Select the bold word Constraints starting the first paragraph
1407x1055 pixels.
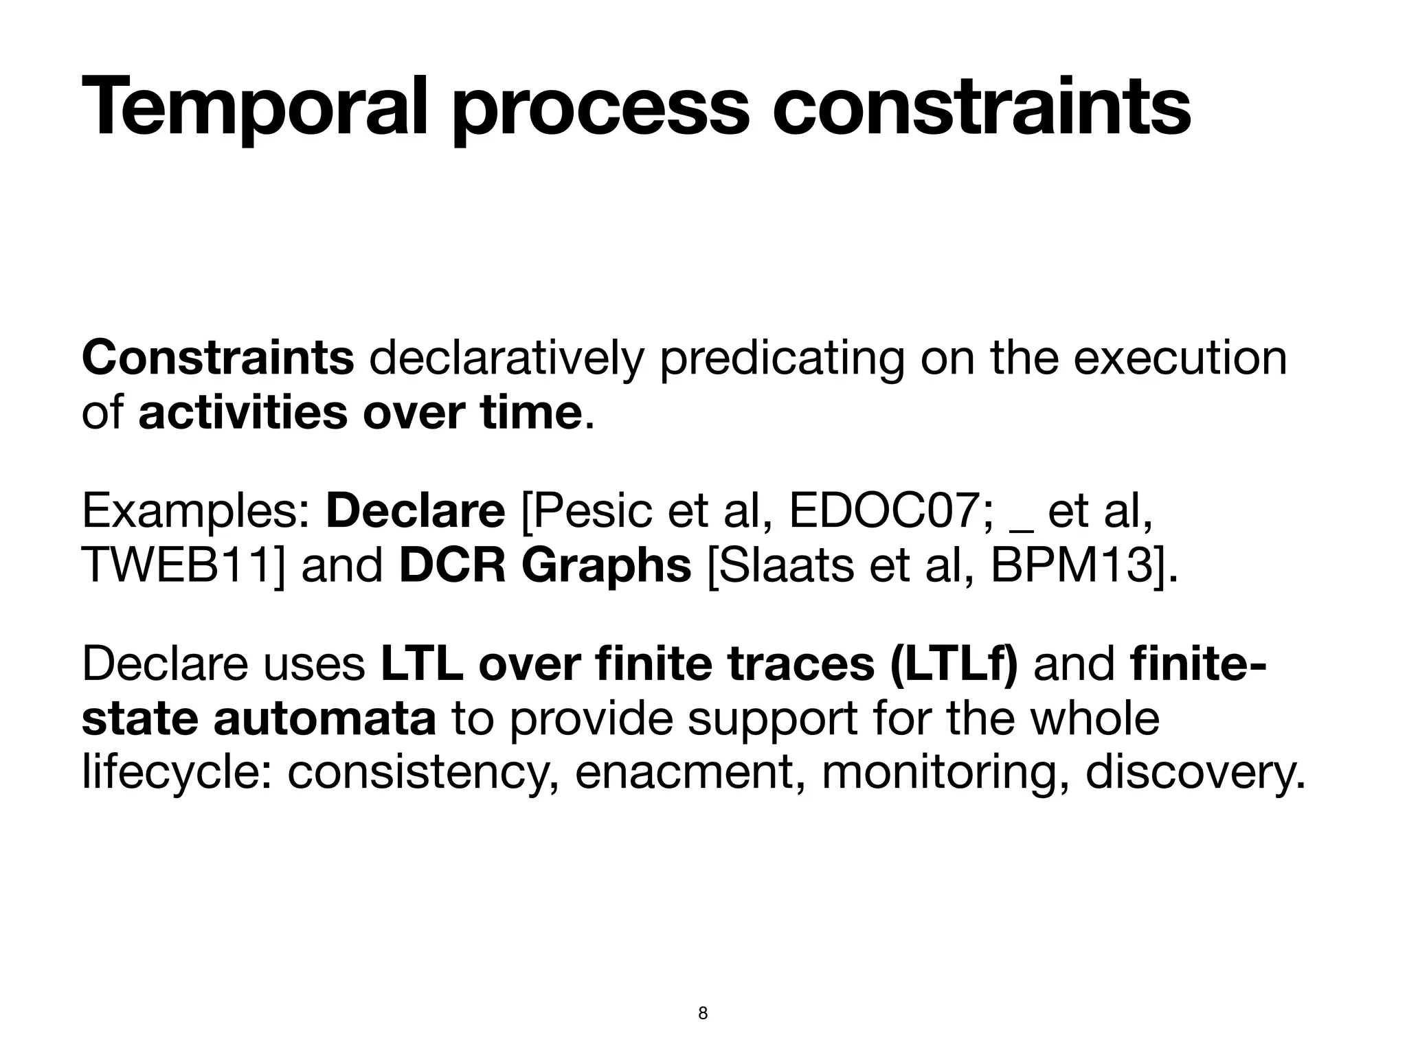point(218,358)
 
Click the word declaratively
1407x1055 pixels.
point(506,358)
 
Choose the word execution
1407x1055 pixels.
point(1180,358)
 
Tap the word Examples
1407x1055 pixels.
point(196,512)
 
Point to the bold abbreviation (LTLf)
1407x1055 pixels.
point(954,664)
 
